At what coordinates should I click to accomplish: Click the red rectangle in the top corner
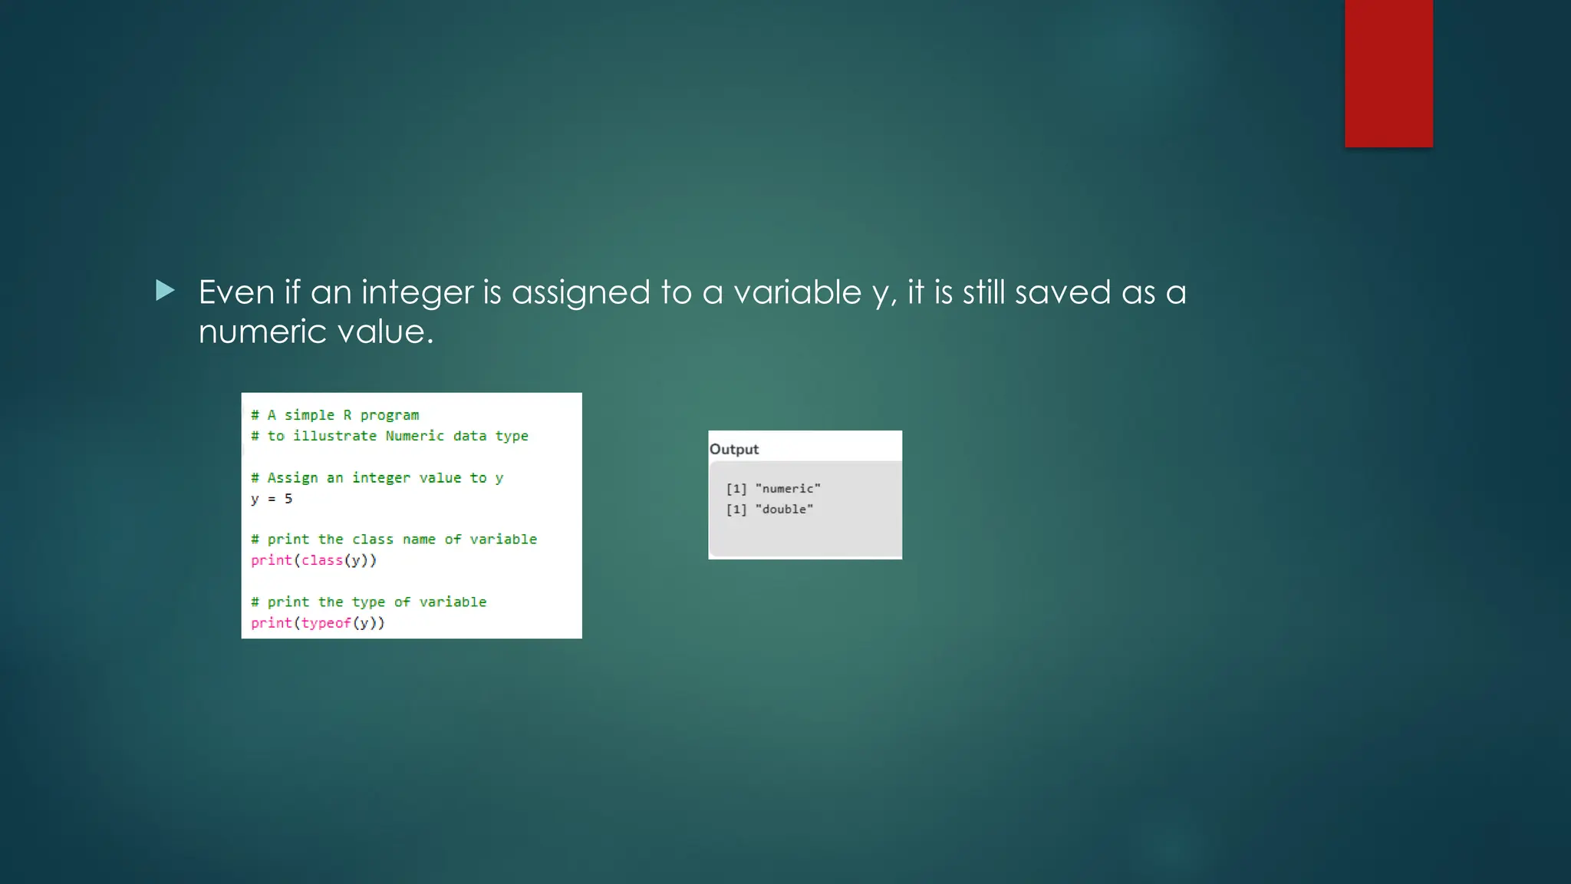coord(1388,73)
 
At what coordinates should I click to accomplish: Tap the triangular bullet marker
coord(165,290)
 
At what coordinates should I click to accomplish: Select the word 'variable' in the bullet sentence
coord(797,292)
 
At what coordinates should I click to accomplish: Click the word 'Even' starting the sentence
coord(236,292)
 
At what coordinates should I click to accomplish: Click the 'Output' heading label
coord(734,449)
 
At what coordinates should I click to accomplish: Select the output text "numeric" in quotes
coord(788,489)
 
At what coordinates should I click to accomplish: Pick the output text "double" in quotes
coord(784,510)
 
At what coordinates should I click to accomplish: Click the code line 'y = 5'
coord(272,499)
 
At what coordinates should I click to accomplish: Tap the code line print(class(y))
coord(314,560)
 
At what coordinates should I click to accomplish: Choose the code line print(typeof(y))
coord(318,623)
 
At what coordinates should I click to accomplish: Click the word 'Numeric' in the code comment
coord(414,436)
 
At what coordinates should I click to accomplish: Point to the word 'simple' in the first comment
coord(309,415)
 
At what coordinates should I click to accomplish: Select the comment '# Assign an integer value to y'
coord(377,478)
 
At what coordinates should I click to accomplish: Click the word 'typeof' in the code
coord(326,623)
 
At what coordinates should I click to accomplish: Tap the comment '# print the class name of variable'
coord(394,539)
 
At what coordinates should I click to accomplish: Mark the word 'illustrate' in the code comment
coord(334,436)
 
